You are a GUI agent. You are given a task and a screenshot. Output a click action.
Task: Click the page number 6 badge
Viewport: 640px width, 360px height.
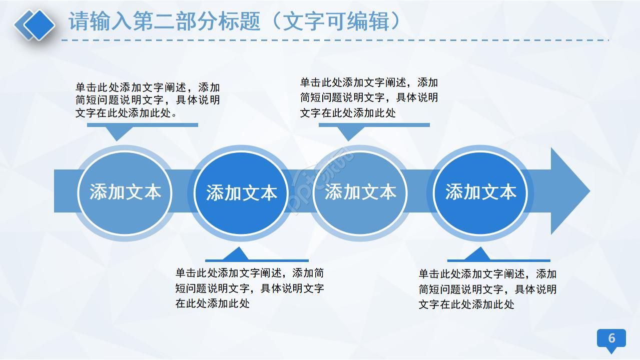(x=611, y=338)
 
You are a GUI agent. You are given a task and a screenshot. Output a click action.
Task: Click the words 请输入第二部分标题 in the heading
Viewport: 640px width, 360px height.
(x=165, y=21)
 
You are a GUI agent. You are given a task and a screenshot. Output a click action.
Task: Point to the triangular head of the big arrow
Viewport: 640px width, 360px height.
(x=569, y=191)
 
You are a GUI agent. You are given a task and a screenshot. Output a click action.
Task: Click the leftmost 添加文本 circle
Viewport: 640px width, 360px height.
(x=125, y=192)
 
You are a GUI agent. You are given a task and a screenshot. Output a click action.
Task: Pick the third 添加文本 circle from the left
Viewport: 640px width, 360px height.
(x=360, y=192)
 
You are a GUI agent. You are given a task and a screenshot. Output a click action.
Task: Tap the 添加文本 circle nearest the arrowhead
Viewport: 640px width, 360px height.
(x=480, y=192)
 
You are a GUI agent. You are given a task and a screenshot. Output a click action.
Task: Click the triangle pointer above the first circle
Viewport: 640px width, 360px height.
(x=118, y=132)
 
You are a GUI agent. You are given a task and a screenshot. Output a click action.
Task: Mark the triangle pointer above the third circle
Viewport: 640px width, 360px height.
(x=349, y=132)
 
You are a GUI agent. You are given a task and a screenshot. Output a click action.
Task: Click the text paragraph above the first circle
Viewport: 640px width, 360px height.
(x=147, y=100)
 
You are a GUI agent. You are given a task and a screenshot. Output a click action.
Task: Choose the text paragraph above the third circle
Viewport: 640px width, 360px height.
(x=369, y=97)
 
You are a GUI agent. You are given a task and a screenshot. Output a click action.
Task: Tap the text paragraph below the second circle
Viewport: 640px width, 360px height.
(x=249, y=288)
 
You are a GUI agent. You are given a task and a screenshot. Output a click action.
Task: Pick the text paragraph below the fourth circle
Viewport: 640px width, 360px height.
(x=487, y=289)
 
